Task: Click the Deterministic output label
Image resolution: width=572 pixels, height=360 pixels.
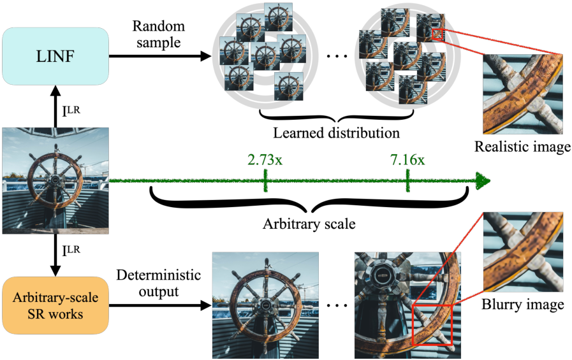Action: click(158, 284)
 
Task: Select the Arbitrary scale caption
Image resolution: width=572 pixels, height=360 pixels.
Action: click(310, 225)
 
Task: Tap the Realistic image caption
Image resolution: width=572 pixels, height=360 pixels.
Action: click(522, 147)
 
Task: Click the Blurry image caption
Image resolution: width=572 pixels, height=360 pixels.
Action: click(523, 304)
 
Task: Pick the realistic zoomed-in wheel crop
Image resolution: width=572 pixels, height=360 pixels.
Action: click(523, 96)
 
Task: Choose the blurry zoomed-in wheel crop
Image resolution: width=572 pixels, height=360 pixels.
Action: click(523, 252)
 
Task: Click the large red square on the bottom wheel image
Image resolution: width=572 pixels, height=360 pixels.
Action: click(432, 325)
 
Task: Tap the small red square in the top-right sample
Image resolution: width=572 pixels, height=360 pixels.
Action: click(437, 34)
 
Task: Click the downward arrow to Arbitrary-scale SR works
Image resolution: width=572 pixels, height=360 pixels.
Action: click(55, 254)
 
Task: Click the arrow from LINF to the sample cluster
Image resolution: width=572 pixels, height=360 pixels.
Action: click(159, 57)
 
